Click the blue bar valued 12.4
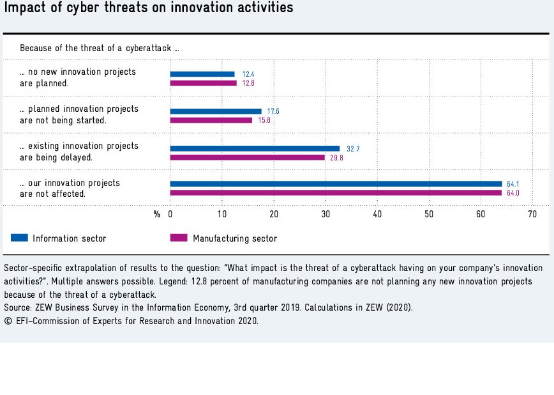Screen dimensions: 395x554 tap(202, 74)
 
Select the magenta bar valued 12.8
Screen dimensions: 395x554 tap(203, 83)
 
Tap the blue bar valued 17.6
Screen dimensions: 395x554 tap(216, 111)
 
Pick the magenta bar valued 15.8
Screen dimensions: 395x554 tap(211, 120)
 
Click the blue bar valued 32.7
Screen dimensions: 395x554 tap(255, 148)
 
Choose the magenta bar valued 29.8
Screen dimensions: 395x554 tap(247, 157)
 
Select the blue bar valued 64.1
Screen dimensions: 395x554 tap(336, 184)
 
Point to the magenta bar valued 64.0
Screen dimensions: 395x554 tap(336, 193)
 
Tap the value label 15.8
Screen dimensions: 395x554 tap(264, 120)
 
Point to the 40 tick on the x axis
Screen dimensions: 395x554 tap(377, 215)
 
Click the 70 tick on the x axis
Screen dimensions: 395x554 tap(532, 215)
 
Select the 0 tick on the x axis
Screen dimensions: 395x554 tap(170, 215)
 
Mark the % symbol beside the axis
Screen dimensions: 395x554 tap(156, 215)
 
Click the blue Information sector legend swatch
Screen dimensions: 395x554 tap(20, 238)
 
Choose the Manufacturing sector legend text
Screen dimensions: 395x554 tap(235, 238)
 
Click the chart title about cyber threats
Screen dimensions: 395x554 tap(149, 8)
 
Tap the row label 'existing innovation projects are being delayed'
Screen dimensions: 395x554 tap(79, 151)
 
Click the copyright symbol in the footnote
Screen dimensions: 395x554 tap(8, 321)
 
